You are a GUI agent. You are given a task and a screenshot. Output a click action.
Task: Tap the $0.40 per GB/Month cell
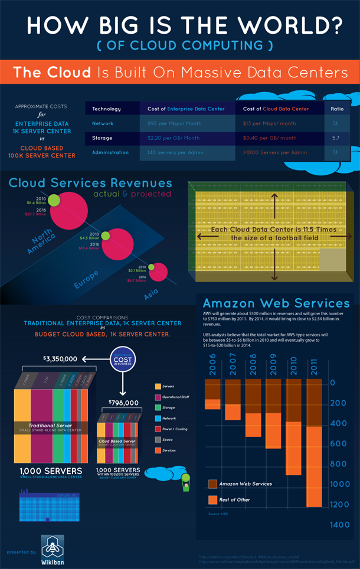tap(270, 138)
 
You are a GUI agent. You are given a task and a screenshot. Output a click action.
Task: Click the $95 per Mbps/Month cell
tap(174, 123)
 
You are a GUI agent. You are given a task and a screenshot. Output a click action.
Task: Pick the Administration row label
tap(110, 152)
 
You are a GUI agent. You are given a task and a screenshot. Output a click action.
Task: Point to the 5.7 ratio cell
tap(335, 138)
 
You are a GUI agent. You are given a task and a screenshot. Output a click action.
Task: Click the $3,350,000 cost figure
tap(60, 358)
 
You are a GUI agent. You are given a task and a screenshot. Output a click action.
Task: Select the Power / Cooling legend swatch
tap(157, 429)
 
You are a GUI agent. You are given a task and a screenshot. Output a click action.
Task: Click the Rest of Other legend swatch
tap(212, 500)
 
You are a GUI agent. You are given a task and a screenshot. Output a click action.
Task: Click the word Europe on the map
tap(86, 278)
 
